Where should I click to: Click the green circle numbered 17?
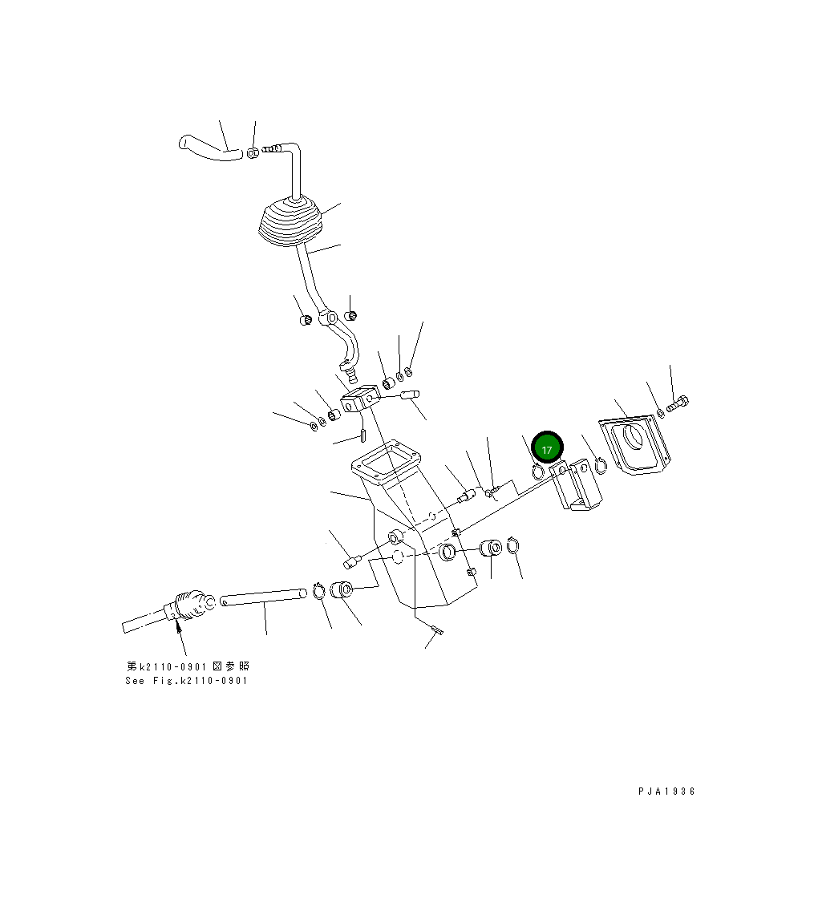547,447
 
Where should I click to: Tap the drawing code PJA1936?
666,792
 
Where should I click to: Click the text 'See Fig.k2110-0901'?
187,680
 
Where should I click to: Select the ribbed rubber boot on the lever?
290,224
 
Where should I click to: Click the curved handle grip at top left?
209,148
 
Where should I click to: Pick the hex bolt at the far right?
678,403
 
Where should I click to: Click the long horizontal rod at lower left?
263,597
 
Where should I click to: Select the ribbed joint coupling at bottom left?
190,606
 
